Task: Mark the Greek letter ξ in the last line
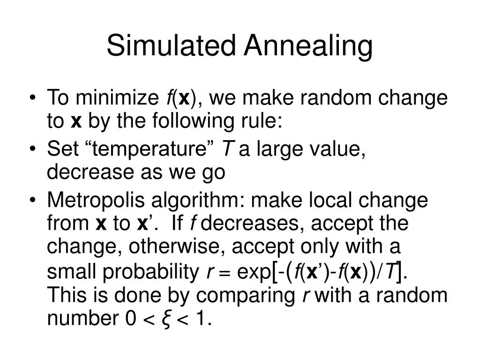[x=165, y=319]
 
